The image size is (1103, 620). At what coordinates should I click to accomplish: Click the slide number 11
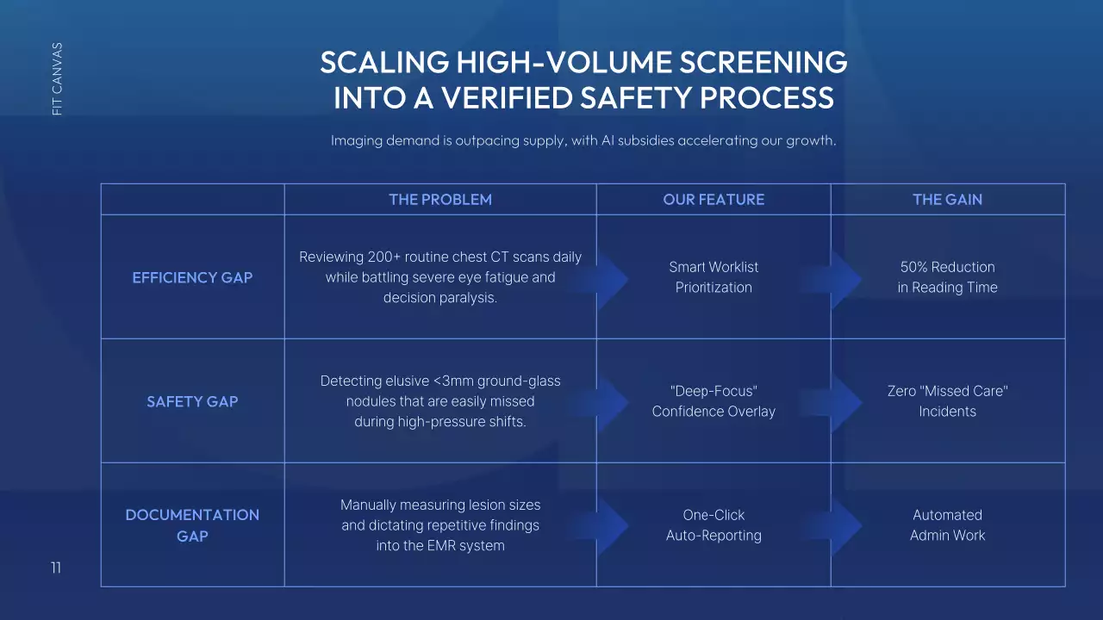pos(56,567)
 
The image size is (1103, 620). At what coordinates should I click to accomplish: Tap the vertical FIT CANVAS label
pos(57,79)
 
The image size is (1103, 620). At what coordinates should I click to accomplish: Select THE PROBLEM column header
pos(440,200)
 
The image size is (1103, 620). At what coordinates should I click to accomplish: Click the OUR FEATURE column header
pos(714,200)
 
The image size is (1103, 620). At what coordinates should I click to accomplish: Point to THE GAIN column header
pos(947,200)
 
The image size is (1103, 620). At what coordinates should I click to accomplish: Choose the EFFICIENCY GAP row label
pos(192,277)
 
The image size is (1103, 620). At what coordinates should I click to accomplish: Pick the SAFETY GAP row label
pos(192,401)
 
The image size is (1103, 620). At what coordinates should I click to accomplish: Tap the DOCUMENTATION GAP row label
pos(192,525)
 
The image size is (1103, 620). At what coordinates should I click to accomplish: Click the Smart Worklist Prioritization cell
pos(714,277)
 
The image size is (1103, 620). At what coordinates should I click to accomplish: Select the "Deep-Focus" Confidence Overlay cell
pos(714,401)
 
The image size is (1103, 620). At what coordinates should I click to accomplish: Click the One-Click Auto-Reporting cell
pos(714,525)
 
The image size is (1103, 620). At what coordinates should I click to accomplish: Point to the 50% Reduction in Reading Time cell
pos(947,277)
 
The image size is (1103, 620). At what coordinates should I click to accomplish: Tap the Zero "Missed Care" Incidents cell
pos(947,401)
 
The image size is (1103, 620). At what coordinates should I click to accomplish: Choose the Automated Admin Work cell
pos(947,525)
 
